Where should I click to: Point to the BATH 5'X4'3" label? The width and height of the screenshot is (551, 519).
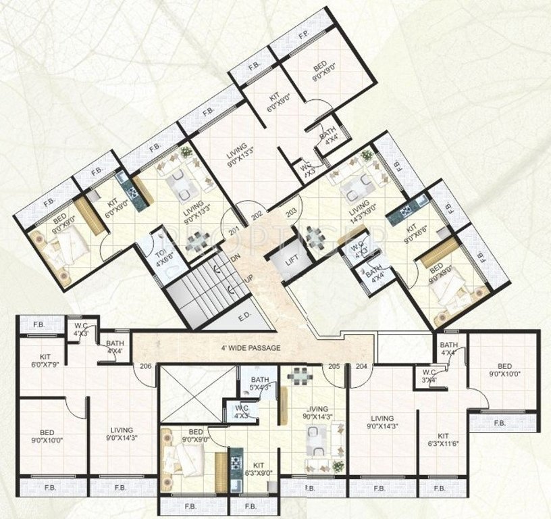(260, 383)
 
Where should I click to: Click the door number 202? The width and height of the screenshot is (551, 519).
(257, 216)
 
